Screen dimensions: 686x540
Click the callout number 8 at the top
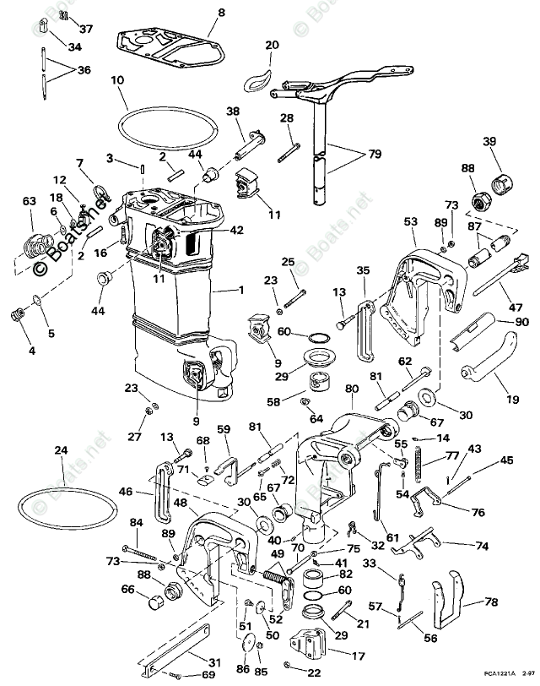tap(222, 13)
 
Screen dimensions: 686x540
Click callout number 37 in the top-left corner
tap(87, 28)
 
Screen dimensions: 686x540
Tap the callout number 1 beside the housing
tap(241, 291)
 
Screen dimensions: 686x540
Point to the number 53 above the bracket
tap(411, 221)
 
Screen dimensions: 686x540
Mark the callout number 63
tap(30, 201)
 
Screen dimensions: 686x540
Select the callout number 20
tap(271, 45)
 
